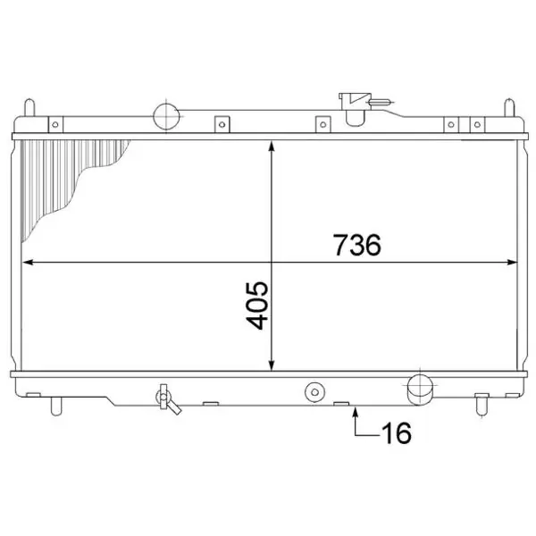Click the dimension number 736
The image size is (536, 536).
coord(356,245)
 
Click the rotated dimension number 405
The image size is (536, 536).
coord(257,306)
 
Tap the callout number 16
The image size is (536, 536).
coord(397,432)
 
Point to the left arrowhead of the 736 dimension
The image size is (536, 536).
coord(28,262)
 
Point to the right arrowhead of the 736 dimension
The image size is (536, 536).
coord(512,262)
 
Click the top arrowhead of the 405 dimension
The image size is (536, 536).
coord(272,147)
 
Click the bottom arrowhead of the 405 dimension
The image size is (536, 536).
coord(272,364)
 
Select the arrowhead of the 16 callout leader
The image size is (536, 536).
coord(356,412)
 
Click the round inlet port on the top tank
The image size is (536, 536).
coord(166,116)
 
